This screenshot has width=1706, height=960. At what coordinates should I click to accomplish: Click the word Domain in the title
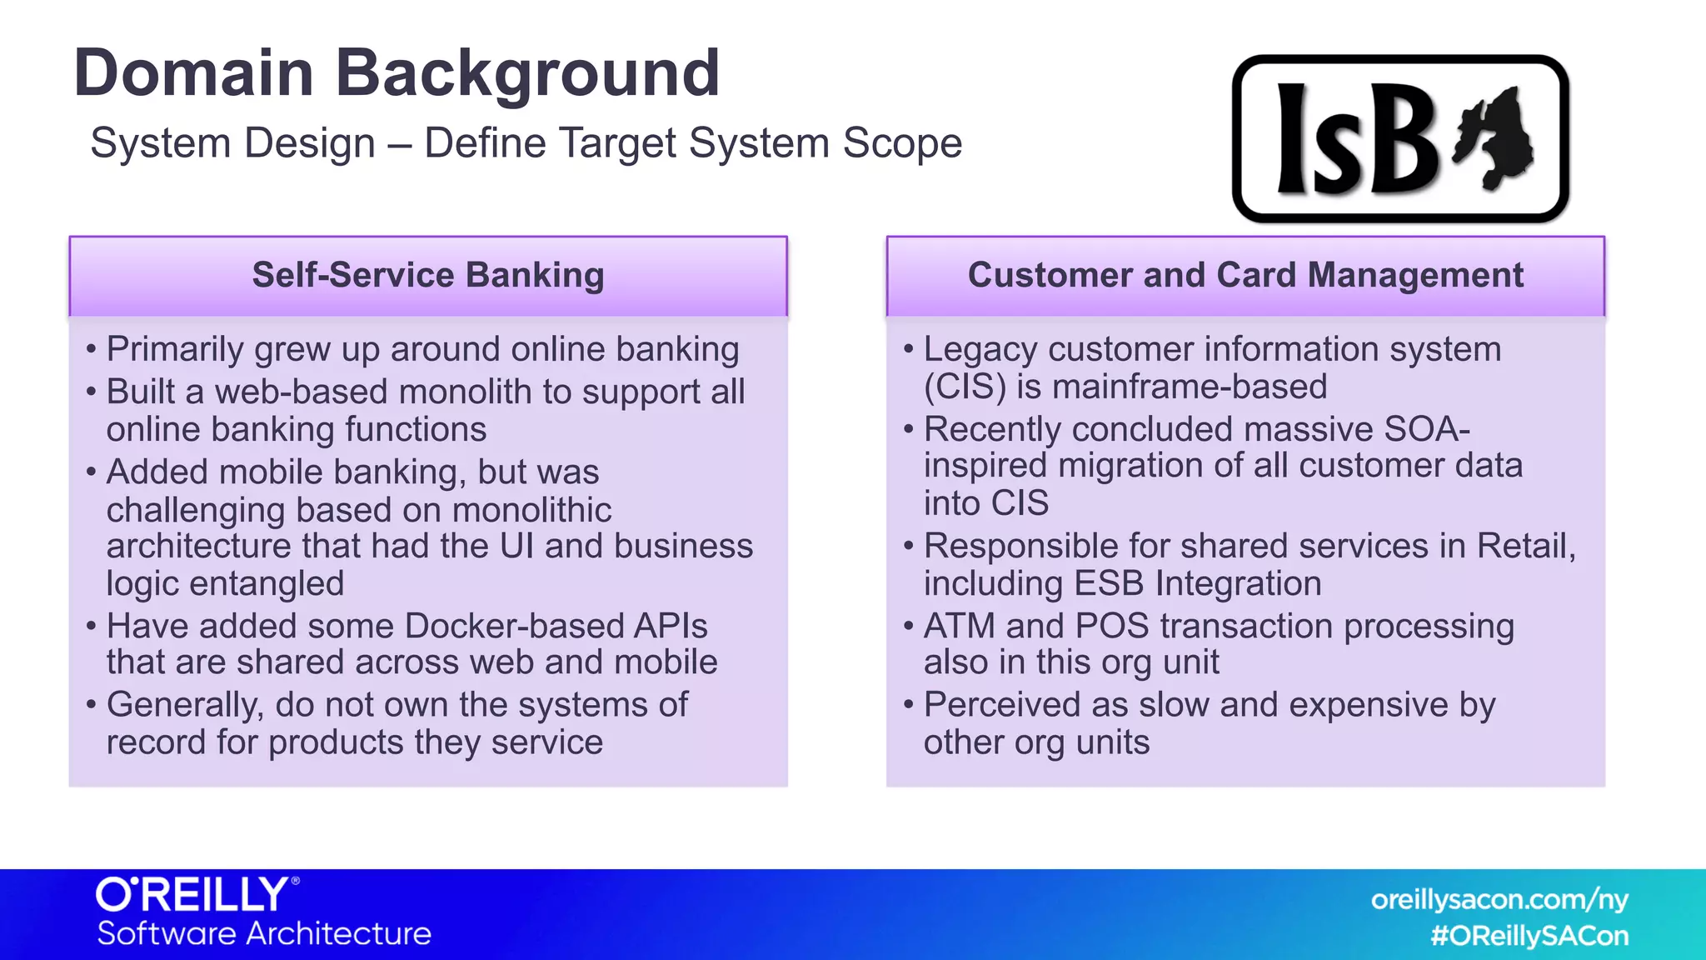pos(193,73)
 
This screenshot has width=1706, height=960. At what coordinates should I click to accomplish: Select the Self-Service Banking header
pos(428,276)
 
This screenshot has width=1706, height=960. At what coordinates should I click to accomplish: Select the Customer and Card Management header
pos(1245,276)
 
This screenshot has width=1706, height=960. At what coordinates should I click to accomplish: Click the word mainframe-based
pos(1190,387)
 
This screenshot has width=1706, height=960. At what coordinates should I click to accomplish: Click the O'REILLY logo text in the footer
pos(193,895)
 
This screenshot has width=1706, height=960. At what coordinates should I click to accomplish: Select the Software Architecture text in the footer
pos(264,934)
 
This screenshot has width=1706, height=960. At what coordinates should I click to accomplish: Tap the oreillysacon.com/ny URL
pos(1499,900)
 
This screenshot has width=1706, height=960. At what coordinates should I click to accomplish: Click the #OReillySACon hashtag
pos(1529,936)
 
